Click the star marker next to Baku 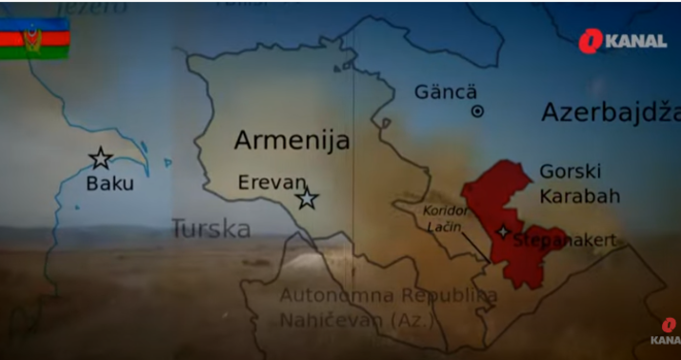[100, 158]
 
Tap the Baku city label [110, 184]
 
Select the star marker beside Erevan [306, 198]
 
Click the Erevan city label [271, 181]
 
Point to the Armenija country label [291, 142]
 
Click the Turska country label [210, 229]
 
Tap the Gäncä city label [446, 91]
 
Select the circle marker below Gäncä [478, 111]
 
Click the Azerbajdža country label [610, 112]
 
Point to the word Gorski [569, 171]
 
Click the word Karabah [579, 196]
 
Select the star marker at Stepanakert [504, 231]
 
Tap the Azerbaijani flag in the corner [34, 38]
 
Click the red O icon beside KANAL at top [591, 41]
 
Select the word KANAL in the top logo [635, 41]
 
